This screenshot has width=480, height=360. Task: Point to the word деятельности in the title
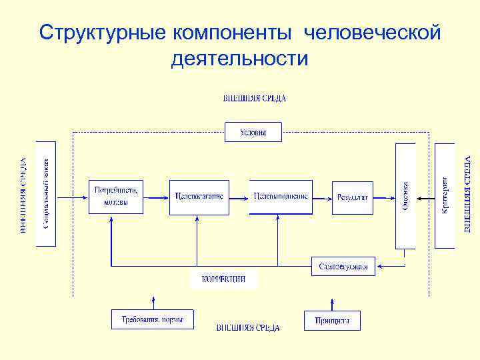pyautogui.click(x=240, y=59)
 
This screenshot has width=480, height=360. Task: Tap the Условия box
pyautogui.click(x=253, y=132)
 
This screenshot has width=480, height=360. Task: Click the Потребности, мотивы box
pyautogui.click(x=116, y=197)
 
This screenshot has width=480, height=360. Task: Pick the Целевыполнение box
pyautogui.click(x=281, y=197)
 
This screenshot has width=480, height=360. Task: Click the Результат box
pyautogui.click(x=353, y=197)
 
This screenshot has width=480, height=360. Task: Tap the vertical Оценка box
pyautogui.click(x=405, y=196)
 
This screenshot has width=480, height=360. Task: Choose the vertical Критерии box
pyautogui.click(x=445, y=196)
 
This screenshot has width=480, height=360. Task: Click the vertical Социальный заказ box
pyautogui.click(x=46, y=193)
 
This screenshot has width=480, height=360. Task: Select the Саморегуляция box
pyautogui.click(x=343, y=266)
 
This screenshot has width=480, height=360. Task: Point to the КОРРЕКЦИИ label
pyautogui.click(x=223, y=279)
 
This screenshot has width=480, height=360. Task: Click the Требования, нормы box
pyautogui.click(x=152, y=319)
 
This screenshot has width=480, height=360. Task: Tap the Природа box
pyautogui.click(x=332, y=320)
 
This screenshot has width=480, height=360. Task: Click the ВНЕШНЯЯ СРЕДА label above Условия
pyautogui.click(x=254, y=99)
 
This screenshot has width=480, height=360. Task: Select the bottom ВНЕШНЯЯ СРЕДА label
pyautogui.click(x=248, y=328)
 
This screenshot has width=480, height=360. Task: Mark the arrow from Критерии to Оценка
pyautogui.click(x=425, y=197)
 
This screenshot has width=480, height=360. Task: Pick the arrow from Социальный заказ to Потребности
pyautogui.click(x=73, y=197)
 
